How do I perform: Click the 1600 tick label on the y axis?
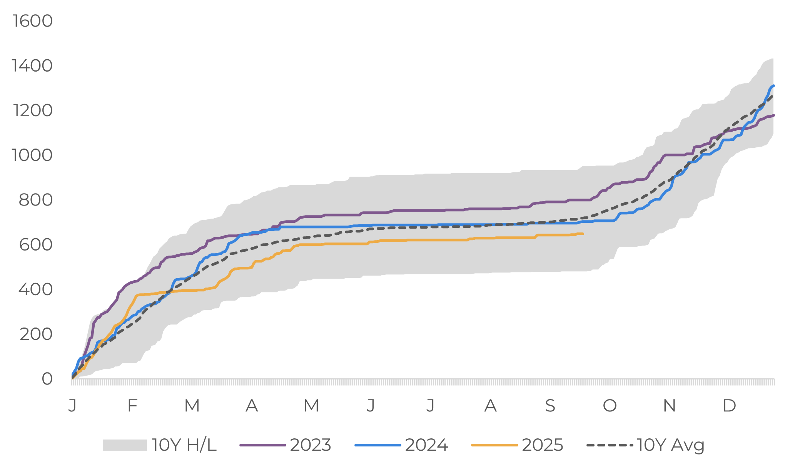[32, 21]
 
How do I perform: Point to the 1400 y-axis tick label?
[32, 66]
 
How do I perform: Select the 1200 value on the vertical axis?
[32, 110]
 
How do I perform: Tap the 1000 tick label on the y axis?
[32, 155]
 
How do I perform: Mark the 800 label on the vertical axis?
[35, 200]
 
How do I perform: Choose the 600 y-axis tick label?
[35, 244]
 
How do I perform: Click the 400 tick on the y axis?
[35, 289]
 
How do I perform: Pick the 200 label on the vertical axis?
[36, 334]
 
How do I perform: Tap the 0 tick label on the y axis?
[47, 379]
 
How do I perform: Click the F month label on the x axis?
[132, 405]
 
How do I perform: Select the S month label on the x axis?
[550, 405]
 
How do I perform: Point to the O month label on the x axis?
[610, 405]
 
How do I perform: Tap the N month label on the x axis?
[670, 405]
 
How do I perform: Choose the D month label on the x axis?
[729, 405]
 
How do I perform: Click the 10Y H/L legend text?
[184, 445]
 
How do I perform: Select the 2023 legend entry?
[310, 445]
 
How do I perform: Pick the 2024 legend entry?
[426, 445]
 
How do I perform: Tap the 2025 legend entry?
[542, 445]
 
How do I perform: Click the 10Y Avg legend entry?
[670, 445]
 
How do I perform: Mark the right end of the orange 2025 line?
[583, 234]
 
